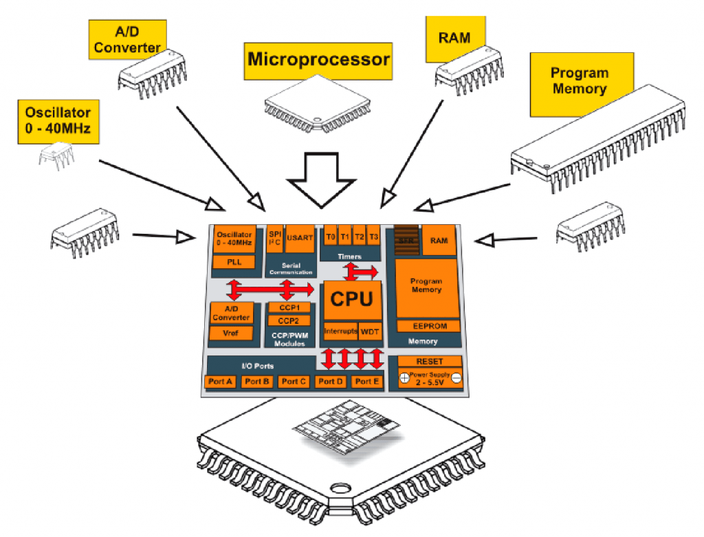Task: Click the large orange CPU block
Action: click(351, 300)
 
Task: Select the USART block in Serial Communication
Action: click(300, 237)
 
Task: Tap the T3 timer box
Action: click(373, 237)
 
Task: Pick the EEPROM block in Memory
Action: click(426, 326)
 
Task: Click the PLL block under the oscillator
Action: click(234, 262)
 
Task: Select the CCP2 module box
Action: click(288, 320)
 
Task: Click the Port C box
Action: click(294, 382)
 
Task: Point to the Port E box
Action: click(366, 382)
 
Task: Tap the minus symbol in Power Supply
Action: click(456, 378)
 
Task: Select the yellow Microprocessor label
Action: click(318, 59)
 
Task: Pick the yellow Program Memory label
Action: click(579, 81)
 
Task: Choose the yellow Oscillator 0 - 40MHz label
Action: click(58, 120)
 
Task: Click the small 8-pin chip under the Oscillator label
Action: click(56, 156)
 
